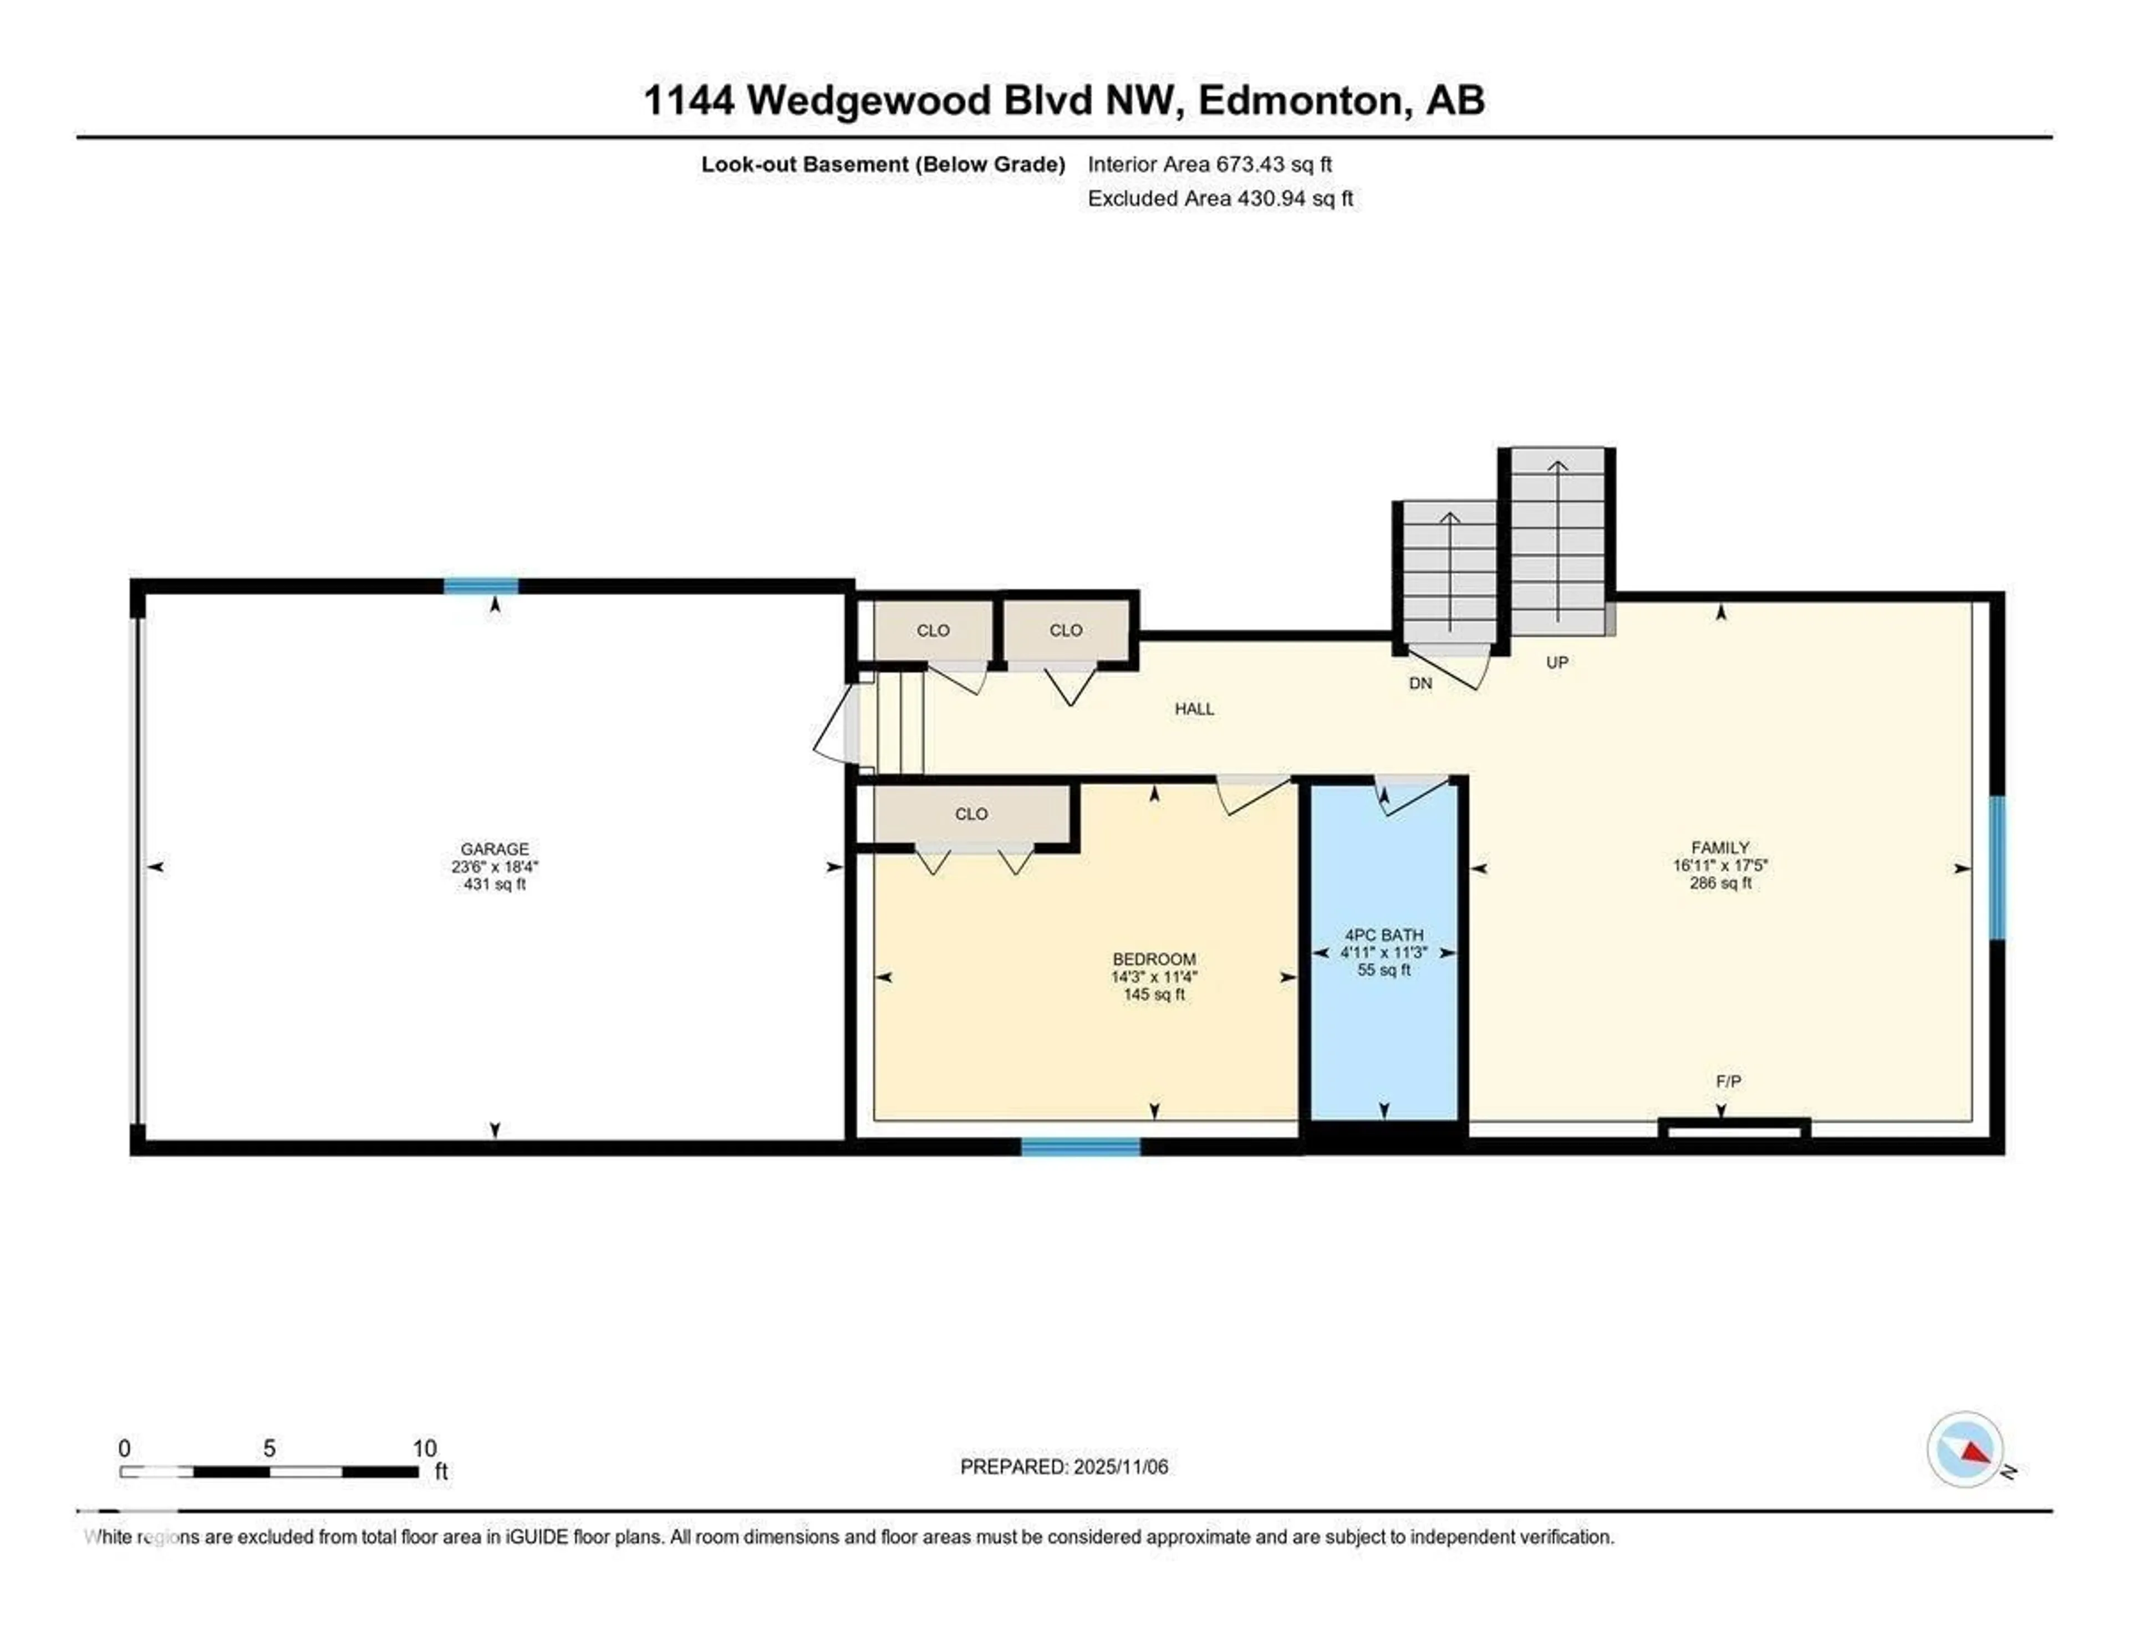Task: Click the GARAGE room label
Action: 494,849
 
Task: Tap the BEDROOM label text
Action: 1154,959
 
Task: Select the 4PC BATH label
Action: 1383,935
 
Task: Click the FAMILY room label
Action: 1720,848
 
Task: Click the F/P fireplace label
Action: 1728,1081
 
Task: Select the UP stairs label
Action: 1557,663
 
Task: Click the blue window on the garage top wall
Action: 481,586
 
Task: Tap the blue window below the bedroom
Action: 1080,1147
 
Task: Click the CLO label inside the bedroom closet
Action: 971,814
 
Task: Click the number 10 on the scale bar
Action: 424,1448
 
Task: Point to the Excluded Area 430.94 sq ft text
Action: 1220,199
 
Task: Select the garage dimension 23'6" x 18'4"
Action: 494,866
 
